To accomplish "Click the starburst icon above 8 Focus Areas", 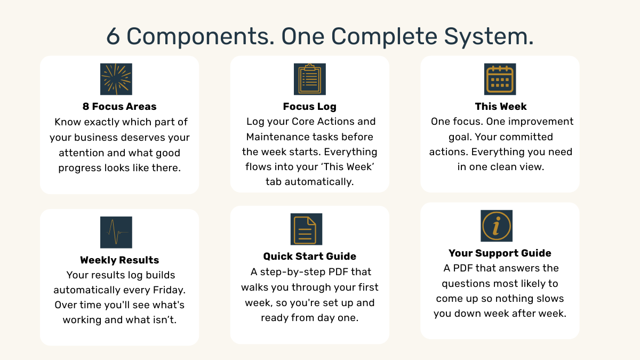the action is [116, 79].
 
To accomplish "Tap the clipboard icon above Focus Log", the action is [310, 79].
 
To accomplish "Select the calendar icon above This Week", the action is [500, 79].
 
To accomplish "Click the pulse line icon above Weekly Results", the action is [116, 233].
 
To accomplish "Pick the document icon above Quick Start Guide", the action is [306, 229].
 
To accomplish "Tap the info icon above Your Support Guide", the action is [497, 226].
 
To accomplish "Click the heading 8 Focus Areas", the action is [119, 106].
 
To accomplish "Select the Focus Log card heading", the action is [310, 106].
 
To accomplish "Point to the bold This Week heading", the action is [501, 106].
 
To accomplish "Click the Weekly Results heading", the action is [119, 260].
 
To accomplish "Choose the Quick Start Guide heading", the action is [310, 257].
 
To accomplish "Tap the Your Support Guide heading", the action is [500, 253].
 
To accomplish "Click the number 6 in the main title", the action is [113, 36].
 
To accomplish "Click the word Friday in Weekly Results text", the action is [169, 290].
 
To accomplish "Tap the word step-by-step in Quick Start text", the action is [291, 271].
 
